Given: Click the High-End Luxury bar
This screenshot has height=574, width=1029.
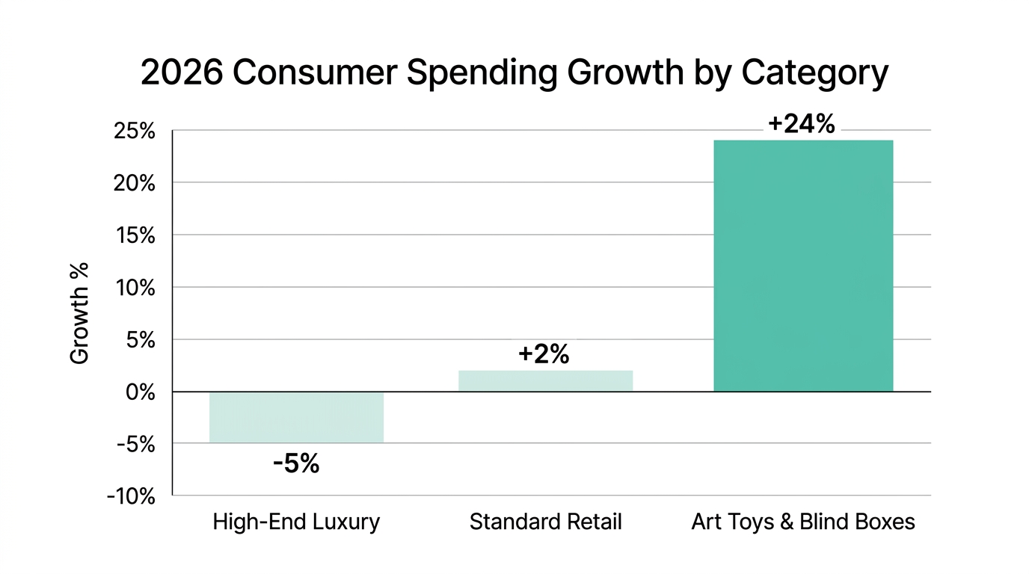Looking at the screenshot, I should [x=296, y=417].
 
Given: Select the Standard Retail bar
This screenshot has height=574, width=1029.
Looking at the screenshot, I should [x=545, y=381].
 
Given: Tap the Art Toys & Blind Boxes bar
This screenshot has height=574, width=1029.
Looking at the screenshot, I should [x=803, y=265].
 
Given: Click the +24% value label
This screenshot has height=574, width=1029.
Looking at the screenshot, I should [x=801, y=125].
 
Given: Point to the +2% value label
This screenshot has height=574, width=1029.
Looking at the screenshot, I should [x=544, y=354].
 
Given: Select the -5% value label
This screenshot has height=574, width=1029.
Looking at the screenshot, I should [x=296, y=464].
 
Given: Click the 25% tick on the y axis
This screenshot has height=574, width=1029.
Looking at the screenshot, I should [x=135, y=132].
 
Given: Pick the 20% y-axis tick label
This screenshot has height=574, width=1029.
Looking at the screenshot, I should [x=135, y=183].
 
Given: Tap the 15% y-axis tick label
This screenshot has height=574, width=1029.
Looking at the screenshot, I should [x=135, y=235].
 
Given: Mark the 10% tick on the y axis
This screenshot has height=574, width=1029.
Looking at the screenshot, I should [x=135, y=288].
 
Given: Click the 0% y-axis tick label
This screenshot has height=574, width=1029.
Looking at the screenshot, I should [x=139, y=392].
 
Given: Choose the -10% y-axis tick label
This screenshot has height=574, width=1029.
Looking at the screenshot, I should [x=131, y=496].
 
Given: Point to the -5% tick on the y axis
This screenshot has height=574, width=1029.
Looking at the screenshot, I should [x=135, y=444].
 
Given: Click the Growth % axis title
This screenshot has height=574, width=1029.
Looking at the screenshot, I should [x=79, y=312].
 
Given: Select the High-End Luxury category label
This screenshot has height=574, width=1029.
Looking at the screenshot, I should [x=296, y=522].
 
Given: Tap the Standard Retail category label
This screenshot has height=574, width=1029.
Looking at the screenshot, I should [x=545, y=522].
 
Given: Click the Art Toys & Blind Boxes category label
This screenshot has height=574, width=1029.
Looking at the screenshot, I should [x=802, y=522].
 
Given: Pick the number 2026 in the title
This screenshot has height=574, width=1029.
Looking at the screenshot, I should [x=182, y=73].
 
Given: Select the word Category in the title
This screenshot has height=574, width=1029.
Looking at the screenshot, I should [x=814, y=74].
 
